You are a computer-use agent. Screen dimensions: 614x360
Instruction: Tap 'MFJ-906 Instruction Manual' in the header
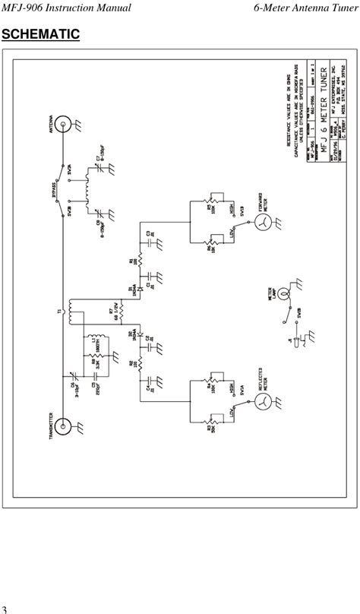pyautogui.click(x=66, y=8)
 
